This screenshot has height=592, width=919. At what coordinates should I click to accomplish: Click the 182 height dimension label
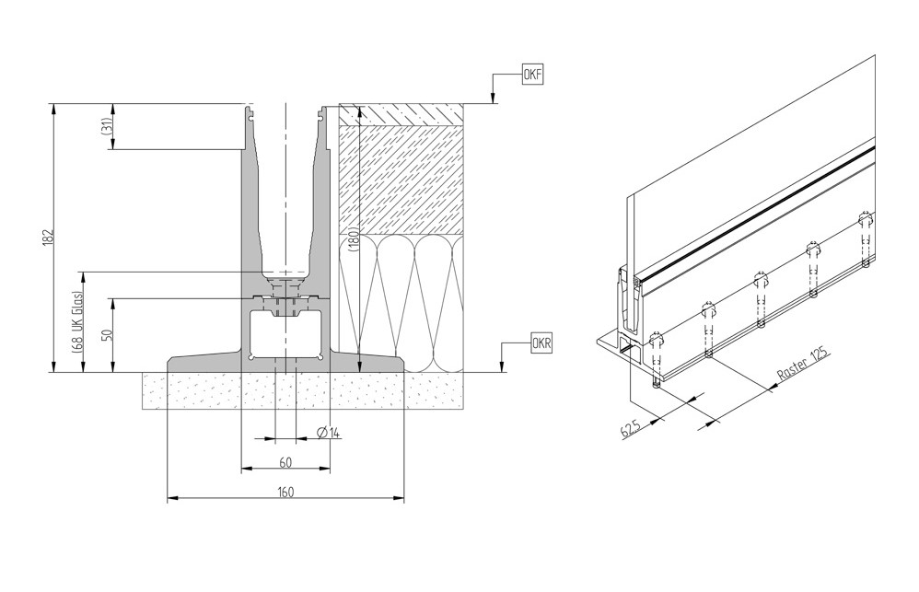tap(49, 237)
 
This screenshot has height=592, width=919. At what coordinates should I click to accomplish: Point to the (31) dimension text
tap(107, 127)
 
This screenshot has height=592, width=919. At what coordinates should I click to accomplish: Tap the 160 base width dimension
tap(285, 493)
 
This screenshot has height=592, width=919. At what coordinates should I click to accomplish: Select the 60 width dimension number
tap(285, 461)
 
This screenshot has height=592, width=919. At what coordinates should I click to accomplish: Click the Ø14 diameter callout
tap(328, 432)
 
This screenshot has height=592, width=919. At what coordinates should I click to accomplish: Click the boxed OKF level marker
tap(532, 76)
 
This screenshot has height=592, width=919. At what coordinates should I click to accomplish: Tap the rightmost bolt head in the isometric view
tap(865, 219)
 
